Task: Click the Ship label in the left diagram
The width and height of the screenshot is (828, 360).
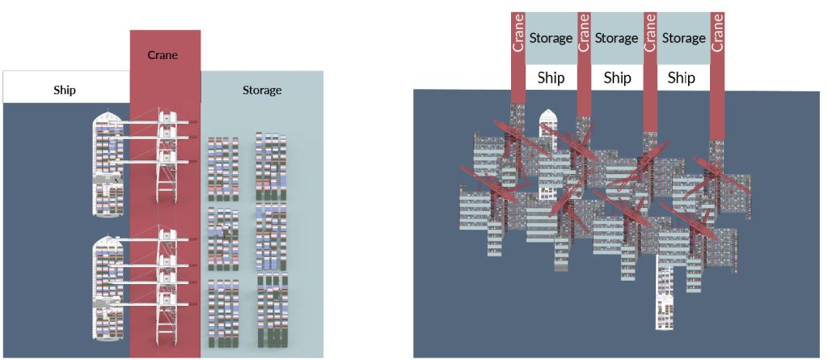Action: pos(65,90)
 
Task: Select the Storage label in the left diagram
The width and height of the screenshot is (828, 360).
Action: pos(262,90)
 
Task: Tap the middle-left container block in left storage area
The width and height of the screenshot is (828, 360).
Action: pos(223,238)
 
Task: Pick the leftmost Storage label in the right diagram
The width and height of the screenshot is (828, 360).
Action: pos(551,38)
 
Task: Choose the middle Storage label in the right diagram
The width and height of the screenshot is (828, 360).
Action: pos(617,38)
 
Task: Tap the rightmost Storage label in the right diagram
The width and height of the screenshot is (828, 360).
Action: pos(683,38)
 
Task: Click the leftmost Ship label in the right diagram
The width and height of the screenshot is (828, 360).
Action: pos(551,78)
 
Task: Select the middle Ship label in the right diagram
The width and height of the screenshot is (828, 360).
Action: pos(617,78)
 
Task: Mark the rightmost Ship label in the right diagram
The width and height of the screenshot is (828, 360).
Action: pos(682,78)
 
